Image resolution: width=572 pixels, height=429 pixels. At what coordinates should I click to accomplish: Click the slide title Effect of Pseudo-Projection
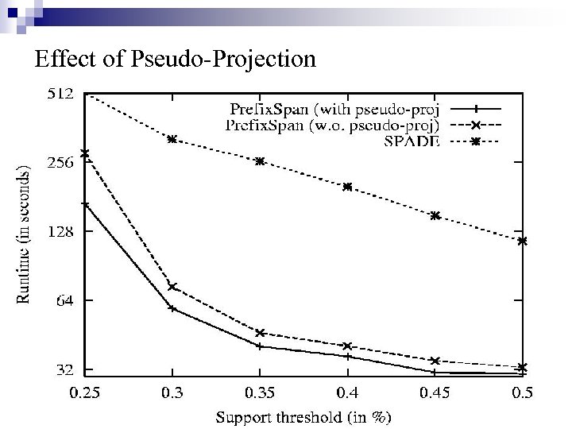[x=176, y=60]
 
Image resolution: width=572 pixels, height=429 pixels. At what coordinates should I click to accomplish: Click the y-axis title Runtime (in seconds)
[x=25, y=234]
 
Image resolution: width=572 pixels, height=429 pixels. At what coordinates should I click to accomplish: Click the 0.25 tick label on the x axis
[x=85, y=393]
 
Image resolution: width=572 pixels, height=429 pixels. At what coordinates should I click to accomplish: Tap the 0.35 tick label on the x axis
[x=260, y=393]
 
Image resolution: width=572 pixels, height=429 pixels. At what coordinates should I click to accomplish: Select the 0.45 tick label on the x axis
[x=435, y=393]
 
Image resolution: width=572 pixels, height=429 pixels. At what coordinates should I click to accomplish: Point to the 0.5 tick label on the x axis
[x=522, y=393]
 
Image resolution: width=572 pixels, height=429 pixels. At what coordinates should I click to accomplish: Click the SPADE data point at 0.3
[x=172, y=139]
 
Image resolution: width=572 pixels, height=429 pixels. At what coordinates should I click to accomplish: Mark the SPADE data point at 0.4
[x=347, y=187]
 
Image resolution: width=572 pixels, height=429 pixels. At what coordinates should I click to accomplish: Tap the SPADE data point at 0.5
[x=522, y=241]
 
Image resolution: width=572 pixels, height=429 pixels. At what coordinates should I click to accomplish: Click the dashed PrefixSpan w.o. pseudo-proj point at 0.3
[x=172, y=287]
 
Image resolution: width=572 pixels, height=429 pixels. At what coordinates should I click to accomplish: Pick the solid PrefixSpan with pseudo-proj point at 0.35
[x=260, y=346]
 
